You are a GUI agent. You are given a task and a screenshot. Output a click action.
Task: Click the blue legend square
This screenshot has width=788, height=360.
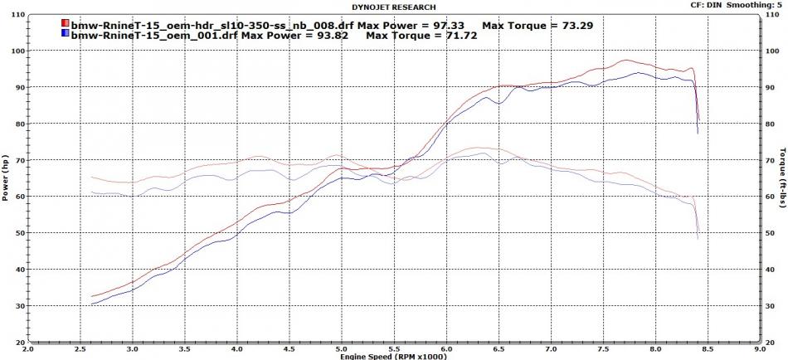click(65, 36)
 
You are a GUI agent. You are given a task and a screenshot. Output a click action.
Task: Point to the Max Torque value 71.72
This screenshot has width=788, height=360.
click(479, 36)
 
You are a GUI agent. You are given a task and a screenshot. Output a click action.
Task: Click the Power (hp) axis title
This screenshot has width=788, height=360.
click(6, 181)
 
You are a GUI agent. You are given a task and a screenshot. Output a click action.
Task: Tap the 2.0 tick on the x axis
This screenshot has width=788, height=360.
click(30, 348)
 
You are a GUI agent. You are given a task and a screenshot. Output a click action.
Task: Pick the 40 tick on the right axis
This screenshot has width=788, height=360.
click(770, 269)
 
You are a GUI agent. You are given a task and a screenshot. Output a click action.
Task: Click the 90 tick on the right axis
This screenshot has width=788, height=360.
click(770, 87)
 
